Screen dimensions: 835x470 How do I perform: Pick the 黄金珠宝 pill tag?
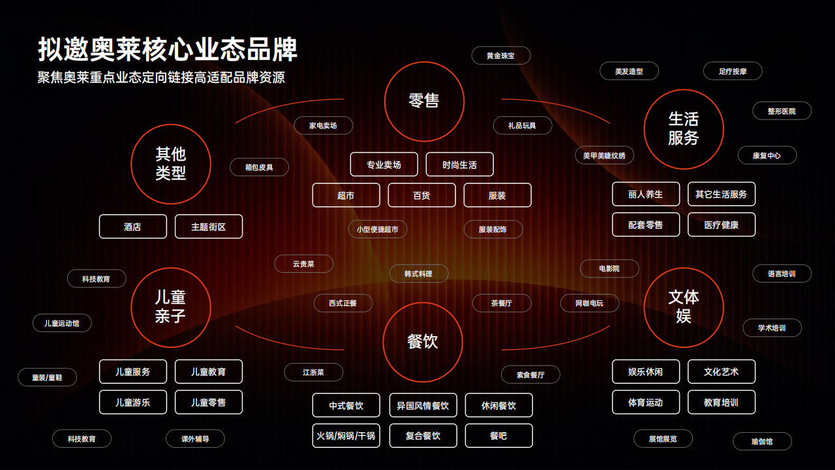coord(500,55)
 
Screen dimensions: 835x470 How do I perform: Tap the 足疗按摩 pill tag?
coord(733,71)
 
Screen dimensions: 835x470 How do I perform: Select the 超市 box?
coord(346,195)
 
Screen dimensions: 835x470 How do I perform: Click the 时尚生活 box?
coord(460,164)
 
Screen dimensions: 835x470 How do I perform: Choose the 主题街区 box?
coord(208,227)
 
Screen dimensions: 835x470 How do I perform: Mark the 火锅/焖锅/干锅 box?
coord(346,435)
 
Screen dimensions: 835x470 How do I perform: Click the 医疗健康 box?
coord(721,225)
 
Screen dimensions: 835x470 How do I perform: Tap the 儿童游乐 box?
coord(132,402)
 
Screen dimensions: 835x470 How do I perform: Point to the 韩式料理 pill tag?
coord(419,274)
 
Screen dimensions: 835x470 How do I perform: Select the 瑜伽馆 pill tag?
coord(762,441)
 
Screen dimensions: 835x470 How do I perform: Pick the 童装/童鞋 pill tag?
coord(47,377)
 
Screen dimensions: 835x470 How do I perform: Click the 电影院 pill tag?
coord(609,268)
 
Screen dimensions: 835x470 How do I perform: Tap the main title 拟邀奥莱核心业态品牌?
coord(168,49)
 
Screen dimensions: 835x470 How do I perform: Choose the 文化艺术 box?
coord(721,371)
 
